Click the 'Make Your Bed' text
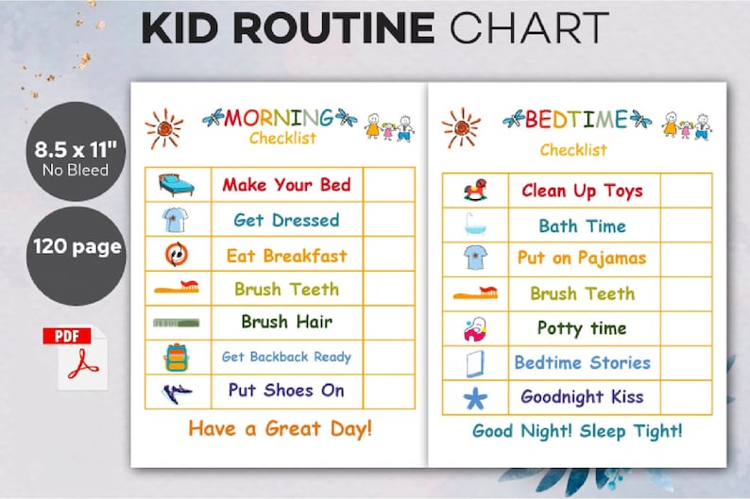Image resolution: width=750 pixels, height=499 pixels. (x=286, y=185)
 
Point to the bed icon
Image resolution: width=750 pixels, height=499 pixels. (x=177, y=185)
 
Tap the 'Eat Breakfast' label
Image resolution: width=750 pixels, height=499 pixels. (x=286, y=256)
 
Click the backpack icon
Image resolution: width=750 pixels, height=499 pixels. (x=177, y=357)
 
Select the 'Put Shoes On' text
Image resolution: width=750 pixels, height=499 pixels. (x=286, y=390)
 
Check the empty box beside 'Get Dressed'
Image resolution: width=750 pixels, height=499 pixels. (x=389, y=220)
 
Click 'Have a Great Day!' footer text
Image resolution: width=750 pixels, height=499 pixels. (x=280, y=428)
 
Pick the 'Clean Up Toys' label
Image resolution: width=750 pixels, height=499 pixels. (x=582, y=191)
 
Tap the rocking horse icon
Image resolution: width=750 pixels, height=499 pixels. (x=474, y=191)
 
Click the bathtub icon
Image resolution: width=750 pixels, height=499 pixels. (x=474, y=225)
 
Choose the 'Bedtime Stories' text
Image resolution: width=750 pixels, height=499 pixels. (x=582, y=362)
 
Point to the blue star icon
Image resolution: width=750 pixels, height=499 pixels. (x=474, y=397)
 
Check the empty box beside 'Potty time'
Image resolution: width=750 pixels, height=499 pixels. (x=686, y=328)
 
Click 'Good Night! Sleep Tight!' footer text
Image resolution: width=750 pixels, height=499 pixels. (x=577, y=431)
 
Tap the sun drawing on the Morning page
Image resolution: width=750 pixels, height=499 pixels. (x=164, y=128)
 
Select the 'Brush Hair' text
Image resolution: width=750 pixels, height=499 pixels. (x=286, y=322)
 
